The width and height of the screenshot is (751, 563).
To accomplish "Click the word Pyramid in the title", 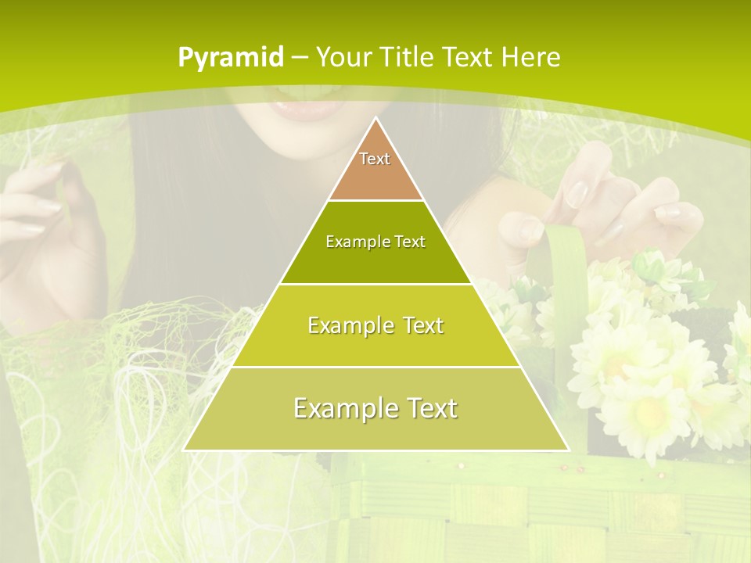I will point(230,57).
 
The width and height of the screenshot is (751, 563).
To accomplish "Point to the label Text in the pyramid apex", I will point(375,159).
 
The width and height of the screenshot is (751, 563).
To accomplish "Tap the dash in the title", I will point(300,58).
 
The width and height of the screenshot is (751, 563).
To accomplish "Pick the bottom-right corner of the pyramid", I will point(567,450).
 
